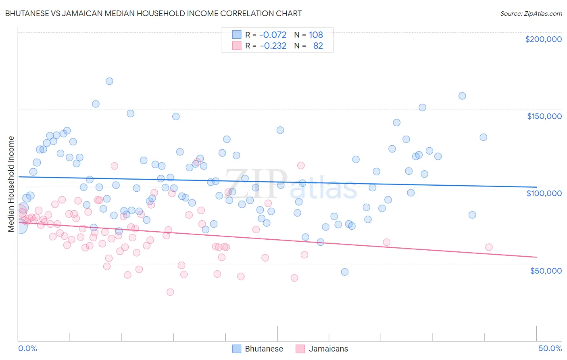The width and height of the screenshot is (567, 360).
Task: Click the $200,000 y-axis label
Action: (x=543, y=39)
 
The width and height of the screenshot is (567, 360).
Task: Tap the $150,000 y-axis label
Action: (x=544, y=116)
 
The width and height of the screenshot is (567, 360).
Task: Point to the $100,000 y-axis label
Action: (x=544, y=193)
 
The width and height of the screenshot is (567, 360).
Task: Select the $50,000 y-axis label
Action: (x=546, y=270)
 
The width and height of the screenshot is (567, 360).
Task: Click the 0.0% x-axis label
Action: (x=27, y=348)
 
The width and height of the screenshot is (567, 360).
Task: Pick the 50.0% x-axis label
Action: (x=550, y=348)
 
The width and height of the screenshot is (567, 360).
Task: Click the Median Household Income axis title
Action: (x=11, y=184)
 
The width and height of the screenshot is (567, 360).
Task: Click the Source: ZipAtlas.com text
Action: (x=531, y=13)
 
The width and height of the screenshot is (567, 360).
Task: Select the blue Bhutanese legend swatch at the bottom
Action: (x=237, y=349)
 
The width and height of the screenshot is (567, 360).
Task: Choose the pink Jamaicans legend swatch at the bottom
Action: (x=300, y=349)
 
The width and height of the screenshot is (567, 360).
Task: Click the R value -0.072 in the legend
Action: (x=273, y=35)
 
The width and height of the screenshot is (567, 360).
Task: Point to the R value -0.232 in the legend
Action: (x=273, y=46)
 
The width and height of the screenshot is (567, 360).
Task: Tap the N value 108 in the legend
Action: (x=316, y=35)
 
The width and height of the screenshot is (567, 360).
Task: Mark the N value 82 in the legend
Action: (x=318, y=46)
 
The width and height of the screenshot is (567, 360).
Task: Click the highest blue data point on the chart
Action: (x=109, y=81)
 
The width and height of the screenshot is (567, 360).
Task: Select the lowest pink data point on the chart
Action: (x=170, y=292)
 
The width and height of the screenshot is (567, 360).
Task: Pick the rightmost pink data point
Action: (x=489, y=247)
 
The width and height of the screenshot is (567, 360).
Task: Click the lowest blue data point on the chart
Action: (x=345, y=272)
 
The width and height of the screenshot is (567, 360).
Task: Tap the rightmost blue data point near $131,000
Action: (x=483, y=137)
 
